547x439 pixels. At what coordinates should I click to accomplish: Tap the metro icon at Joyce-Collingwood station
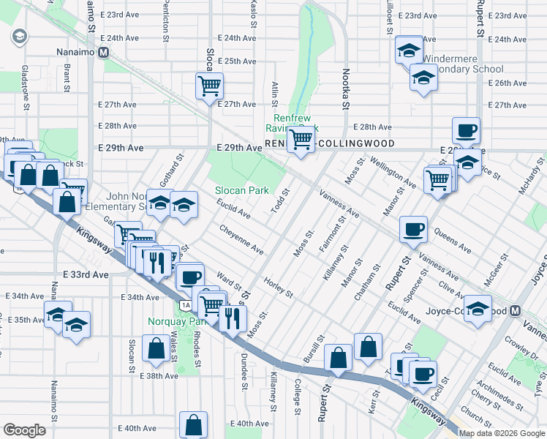(x=516, y=310)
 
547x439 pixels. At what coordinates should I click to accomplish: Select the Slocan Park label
(x=242, y=190)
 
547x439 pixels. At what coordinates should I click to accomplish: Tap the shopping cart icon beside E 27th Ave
(x=209, y=86)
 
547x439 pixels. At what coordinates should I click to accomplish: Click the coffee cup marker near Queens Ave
(x=413, y=229)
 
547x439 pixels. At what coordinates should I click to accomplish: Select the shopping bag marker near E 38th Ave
(x=156, y=350)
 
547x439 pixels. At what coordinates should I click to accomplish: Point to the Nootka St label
(x=344, y=87)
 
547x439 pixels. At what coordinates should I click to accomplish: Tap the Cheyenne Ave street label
(x=242, y=239)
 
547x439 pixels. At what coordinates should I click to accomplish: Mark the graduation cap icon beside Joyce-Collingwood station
(x=478, y=309)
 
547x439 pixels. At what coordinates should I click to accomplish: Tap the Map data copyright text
(x=501, y=433)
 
